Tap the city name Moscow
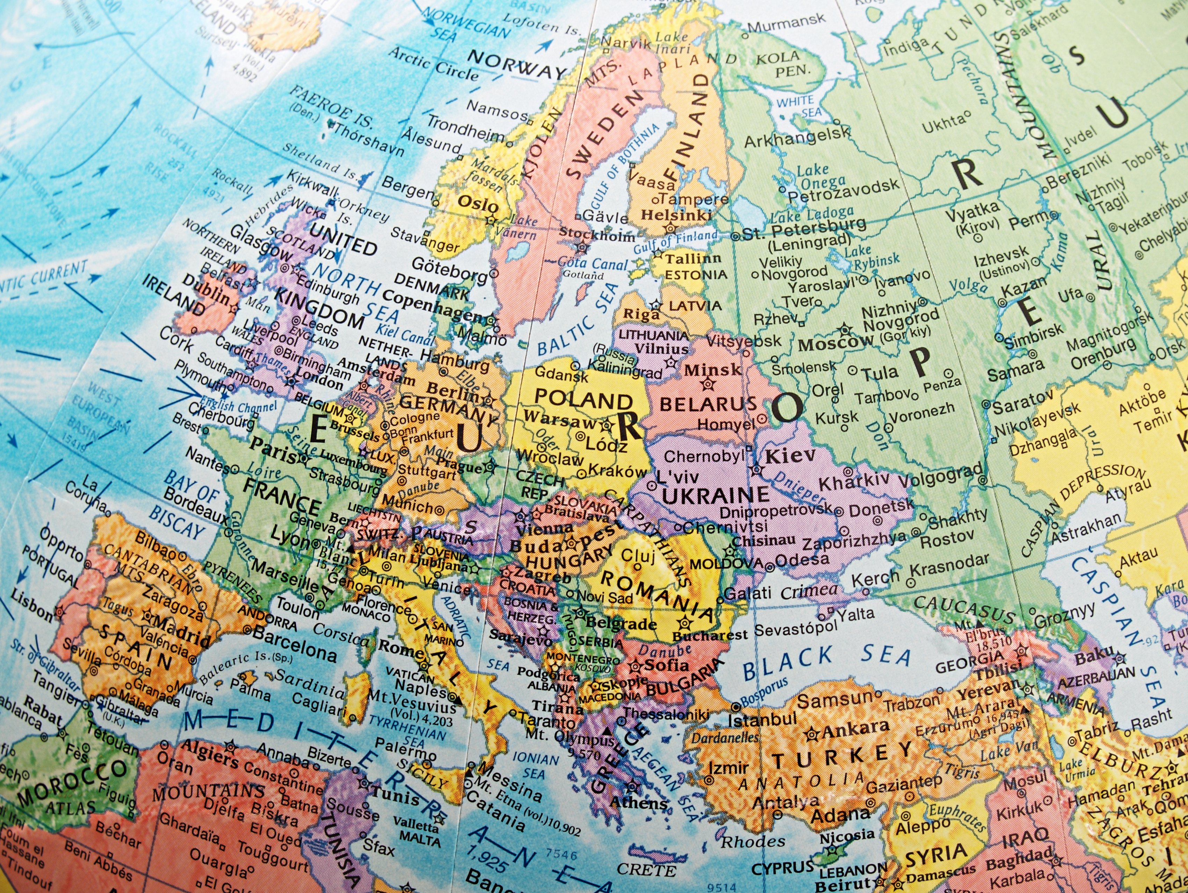[836, 343]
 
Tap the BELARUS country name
[708, 404]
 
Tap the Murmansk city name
[786, 23]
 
